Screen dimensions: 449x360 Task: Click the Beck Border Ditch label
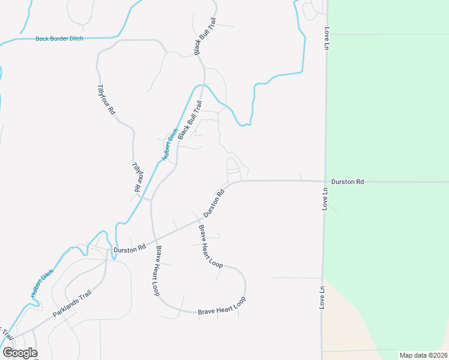pos(59,38)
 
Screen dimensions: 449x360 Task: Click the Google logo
pos(20,353)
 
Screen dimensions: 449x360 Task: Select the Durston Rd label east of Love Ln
pos(348,181)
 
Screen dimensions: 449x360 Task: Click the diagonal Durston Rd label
pos(214,203)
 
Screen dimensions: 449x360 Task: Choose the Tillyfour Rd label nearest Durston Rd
pos(138,177)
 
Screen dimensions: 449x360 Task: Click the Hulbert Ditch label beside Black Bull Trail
pos(170,144)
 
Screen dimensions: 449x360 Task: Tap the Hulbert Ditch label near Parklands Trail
pos(42,284)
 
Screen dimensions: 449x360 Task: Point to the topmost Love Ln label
pos(328,37)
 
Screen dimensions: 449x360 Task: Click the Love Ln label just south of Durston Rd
pos(325,198)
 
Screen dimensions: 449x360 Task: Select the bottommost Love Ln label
pos(322,297)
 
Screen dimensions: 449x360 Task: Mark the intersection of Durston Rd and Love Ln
pos(325,181)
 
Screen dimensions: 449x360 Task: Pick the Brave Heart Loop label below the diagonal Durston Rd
pos(210,246)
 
